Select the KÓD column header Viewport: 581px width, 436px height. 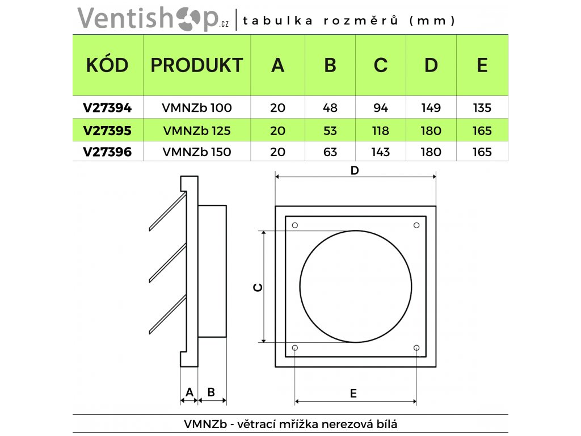pyautogui.click(x=107, y=65)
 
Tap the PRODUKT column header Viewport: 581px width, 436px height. pyautogui.click(x=196, y=65)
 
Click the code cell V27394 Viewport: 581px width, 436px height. pyautogui.click(x=107, y=107)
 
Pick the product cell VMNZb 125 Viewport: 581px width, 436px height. pyautogui.click(x=196, y=131)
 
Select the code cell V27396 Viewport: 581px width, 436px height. pyautogui.click(x=107, y=152)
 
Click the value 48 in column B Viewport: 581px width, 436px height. pyautogui.click(x=330, y=107)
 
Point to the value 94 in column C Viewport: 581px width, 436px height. pyautogui.click(x=380, y=107)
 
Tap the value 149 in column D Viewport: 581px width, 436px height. pyautogui.click(x=431, y=107)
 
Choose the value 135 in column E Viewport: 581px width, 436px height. pyautogui.click(x=482, y=107)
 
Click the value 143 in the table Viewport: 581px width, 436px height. pyautogui.click(x=380, y=152)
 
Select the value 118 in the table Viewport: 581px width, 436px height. pyautogui.click(x=380, y=131)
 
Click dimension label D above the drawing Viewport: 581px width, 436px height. pyautogui.click(x=355, y=170)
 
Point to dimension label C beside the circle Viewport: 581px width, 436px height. pyautogui.click(x=258, y=287)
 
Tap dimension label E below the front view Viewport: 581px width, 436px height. pyautogui.click(x=353, y=393)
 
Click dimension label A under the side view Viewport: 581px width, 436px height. pyautogui.click(x=190, y=392)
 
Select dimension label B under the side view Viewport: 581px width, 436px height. pyautogui.click(x=211, y=392)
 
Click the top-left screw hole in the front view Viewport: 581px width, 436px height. pyautogui.click(x=294, y=226)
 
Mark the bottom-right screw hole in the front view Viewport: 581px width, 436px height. pyautogui.click(x=416, y=347)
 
